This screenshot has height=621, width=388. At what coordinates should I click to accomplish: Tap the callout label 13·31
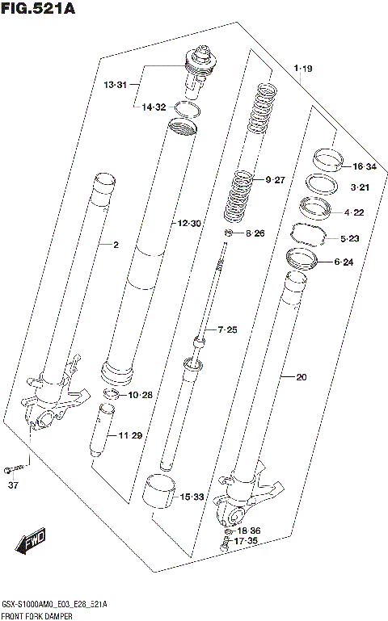pos(115,85)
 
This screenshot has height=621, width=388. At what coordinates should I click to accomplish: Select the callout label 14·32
pos(154,107)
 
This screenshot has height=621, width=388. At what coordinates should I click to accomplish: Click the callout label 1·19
pos(303,70)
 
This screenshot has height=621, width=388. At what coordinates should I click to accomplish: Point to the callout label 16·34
pos(365,167)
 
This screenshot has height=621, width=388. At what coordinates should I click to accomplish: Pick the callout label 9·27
pos(276,179)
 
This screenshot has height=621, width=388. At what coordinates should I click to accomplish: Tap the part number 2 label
pos(116,245)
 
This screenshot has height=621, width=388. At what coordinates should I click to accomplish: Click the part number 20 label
pos(302,376)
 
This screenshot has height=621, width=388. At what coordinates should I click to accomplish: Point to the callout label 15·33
pos(192,497)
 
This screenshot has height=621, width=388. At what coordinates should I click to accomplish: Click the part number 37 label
pos(12,485)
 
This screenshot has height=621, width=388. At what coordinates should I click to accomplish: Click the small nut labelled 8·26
pos(230,234)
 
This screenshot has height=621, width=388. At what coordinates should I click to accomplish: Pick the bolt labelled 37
pos(15,468)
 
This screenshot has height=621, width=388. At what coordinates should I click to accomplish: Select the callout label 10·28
pos(140,395)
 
